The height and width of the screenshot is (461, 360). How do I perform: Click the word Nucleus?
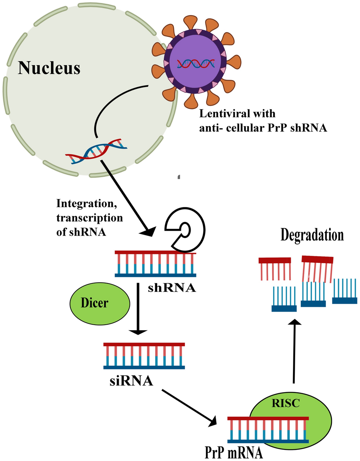(49, 68)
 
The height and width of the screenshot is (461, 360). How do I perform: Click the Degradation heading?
(312, 235)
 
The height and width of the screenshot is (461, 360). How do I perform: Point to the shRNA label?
(172, 288)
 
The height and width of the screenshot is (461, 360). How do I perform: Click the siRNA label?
(131, 381)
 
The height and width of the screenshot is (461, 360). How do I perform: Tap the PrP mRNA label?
(233, 452)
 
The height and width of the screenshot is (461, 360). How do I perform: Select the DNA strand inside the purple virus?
(196, 64)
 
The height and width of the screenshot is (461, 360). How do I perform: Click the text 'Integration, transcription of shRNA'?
(89, 218)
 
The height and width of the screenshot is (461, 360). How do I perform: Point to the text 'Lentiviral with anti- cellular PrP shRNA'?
(262, 121)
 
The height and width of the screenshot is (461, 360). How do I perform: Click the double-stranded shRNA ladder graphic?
(155, 264)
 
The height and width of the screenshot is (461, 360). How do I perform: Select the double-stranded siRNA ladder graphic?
(144, 356)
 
